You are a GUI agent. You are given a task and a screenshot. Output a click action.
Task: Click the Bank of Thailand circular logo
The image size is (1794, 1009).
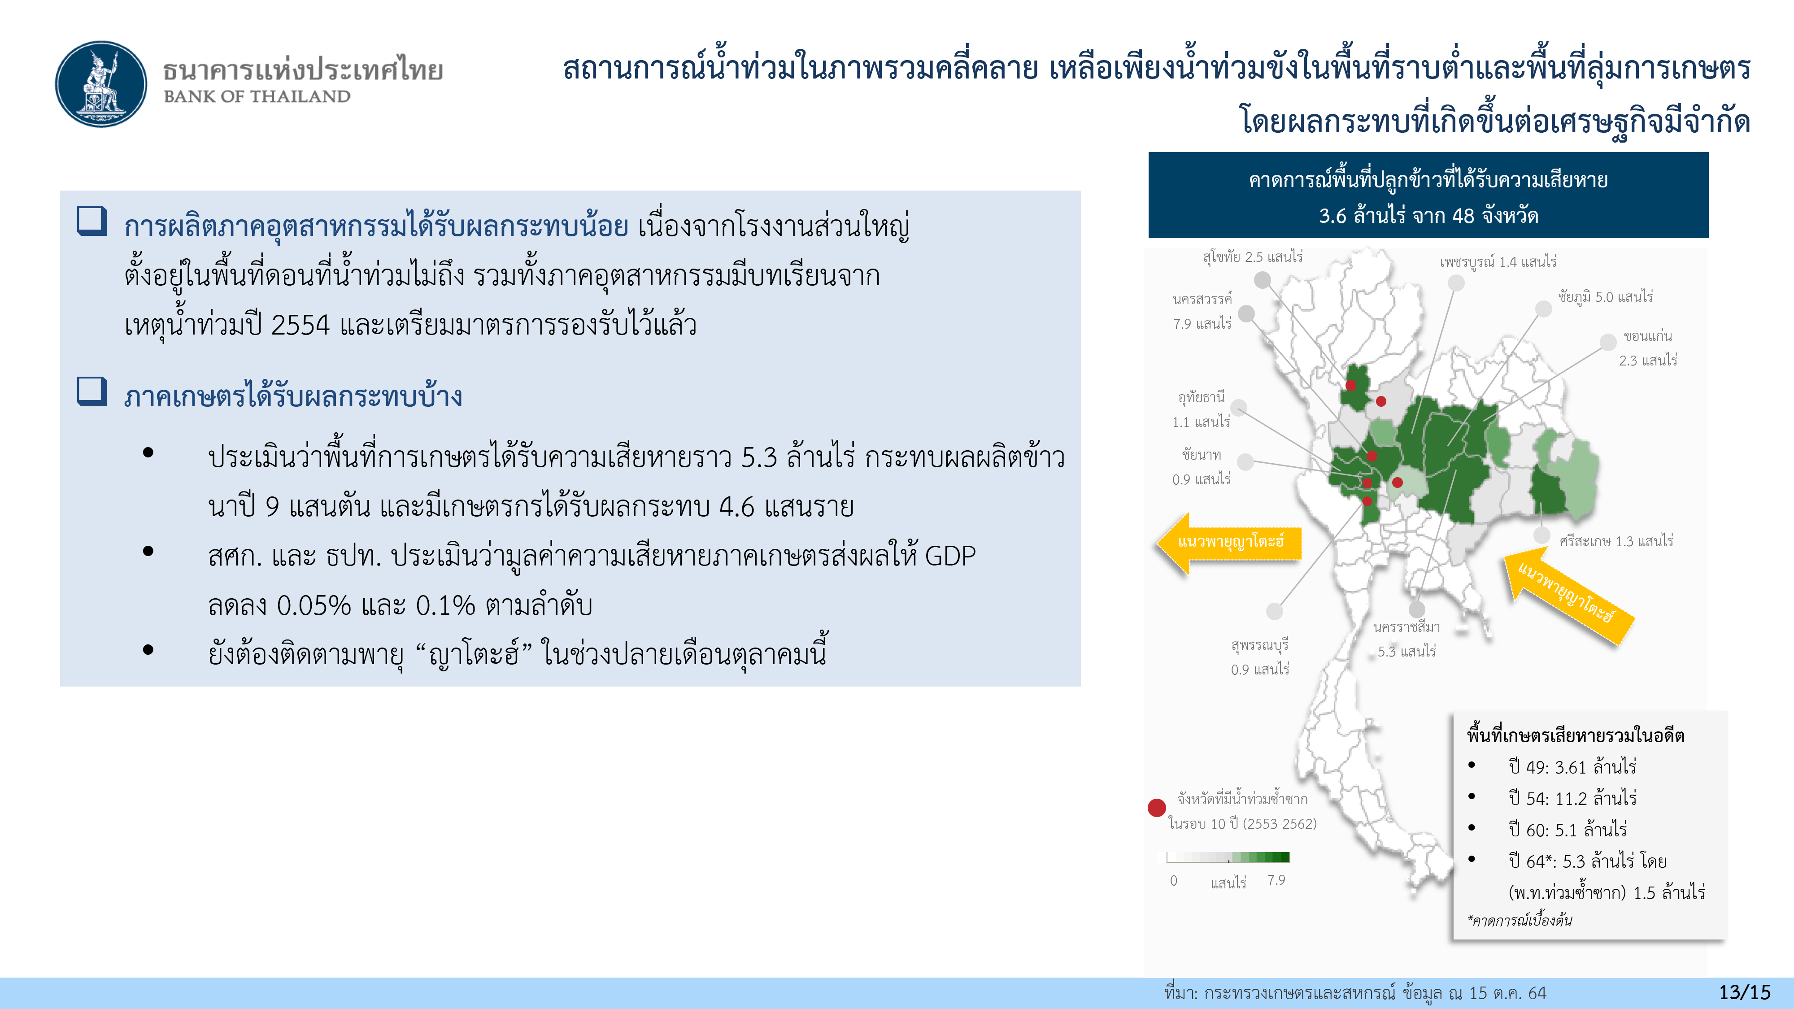[102, 83]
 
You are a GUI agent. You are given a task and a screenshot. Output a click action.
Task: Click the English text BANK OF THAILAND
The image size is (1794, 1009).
[257, 96]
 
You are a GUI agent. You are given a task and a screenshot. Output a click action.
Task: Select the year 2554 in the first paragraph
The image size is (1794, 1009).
[300, 325]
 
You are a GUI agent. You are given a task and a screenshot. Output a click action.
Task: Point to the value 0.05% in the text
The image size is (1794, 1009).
[314, 605]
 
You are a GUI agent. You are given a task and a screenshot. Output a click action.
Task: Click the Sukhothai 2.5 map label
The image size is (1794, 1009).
[1252, 257]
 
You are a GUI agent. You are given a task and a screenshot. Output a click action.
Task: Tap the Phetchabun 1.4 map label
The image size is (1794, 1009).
[1498, 262]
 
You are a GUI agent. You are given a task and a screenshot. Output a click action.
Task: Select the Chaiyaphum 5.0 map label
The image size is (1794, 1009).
[1605, 296]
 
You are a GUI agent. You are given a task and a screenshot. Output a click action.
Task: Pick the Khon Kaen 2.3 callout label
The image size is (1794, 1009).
[1648, 348]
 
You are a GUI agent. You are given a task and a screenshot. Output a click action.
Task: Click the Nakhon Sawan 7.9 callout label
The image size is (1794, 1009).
[1202, 311]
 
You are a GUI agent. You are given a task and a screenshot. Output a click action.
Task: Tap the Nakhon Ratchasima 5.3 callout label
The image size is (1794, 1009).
[1406, 639]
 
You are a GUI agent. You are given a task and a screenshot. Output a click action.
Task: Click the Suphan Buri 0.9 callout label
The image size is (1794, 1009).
[1260, 657]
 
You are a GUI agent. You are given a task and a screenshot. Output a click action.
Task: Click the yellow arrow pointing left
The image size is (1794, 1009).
[1229, 543]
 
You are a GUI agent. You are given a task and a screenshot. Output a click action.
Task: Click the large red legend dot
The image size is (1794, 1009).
[1157, 807]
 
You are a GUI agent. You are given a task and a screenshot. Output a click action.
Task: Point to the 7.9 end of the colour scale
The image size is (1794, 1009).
[1276, 880]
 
